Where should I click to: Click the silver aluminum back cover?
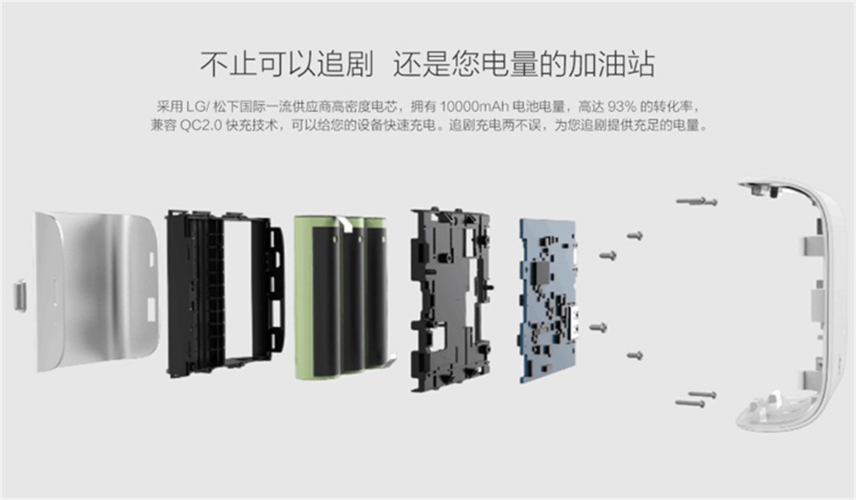[98, 292]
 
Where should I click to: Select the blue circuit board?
[548, 301]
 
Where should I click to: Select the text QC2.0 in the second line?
[201, 126]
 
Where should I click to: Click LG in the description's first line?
[194, 106]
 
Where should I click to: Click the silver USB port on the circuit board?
[574, 323]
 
